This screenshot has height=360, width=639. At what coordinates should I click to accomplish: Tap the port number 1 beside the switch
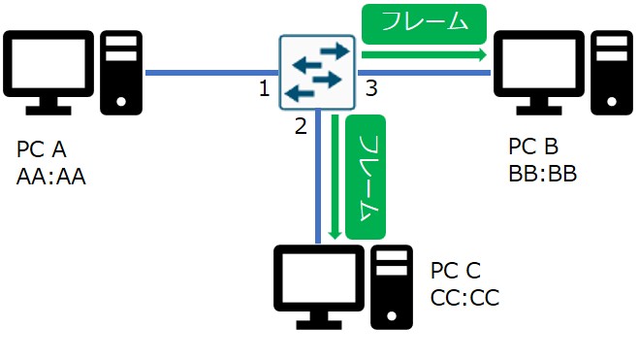coord(264,90)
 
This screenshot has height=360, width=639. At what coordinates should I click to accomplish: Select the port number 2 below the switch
coord(301,124)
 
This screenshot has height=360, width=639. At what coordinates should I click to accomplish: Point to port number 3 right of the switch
coord(370,90)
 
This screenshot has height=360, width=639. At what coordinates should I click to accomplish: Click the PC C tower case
coord(392,283)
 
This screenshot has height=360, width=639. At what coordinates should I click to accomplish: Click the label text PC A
coord(43,151)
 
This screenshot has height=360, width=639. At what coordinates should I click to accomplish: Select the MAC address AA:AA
coord(51,178)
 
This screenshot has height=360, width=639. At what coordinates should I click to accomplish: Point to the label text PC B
coord(533,147)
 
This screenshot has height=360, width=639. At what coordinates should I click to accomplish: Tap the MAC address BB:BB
coord(542,174)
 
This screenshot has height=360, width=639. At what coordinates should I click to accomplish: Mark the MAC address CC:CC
coord(464,297)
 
